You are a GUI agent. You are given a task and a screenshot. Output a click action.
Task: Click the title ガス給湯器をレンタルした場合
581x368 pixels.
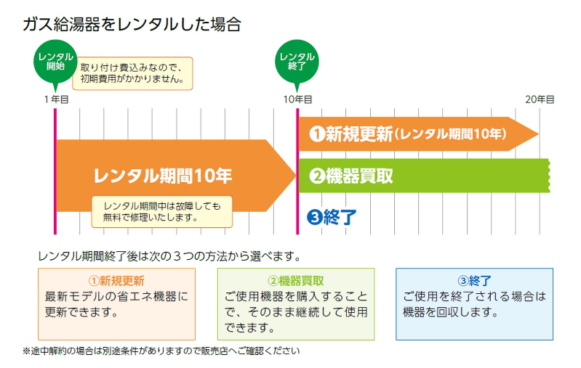(x=132, y=24)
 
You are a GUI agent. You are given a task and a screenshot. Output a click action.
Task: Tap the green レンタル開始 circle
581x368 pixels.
(x=55, y=61)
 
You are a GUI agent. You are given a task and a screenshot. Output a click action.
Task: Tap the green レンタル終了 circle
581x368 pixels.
(x=297, y=61)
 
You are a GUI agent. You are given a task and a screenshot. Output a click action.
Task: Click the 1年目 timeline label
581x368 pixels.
(x=56, y=99)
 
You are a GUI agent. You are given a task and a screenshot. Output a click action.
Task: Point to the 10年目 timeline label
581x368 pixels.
(x=297, y=99)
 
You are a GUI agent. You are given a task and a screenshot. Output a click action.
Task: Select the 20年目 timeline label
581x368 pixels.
(x=539, y=99)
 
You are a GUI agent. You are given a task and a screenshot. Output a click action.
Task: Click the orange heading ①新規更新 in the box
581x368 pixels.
(x=116, y=280)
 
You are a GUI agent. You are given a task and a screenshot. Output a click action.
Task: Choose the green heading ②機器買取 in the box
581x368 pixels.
(x=296, y=280)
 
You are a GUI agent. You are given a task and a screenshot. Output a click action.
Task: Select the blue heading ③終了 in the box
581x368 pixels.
(x=474, y=280)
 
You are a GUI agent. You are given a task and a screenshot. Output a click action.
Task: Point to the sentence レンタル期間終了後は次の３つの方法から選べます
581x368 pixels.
(x=169, y=256)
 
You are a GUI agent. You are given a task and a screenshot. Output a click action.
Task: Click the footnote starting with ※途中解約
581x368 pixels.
(x=161, y=351)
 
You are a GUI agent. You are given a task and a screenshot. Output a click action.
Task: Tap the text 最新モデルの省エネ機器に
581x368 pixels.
(x=116, y=297)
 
